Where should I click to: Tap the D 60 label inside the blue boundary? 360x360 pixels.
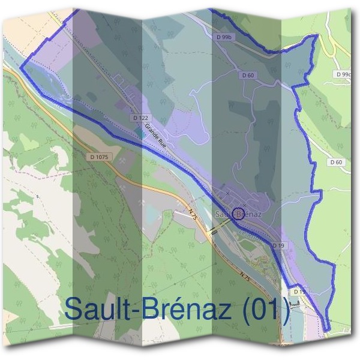(248, 75)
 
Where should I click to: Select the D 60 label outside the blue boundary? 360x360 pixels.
(336, 162)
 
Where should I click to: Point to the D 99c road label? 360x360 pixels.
(343, 74)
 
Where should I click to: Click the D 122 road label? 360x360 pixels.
(140, 118)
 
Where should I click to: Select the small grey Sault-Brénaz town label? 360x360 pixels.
(239, 213)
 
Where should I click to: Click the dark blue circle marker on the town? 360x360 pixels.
(238, 214)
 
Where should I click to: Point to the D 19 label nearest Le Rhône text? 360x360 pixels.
(278, 246)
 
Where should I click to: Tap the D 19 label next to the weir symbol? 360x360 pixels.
(299, 292)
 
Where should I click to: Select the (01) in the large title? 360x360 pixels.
(266, 310)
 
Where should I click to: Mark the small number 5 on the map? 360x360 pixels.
(37, 196)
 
